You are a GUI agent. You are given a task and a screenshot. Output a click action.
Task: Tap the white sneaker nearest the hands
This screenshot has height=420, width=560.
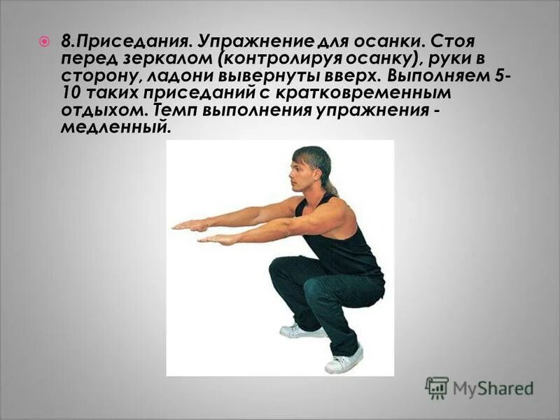[x=295, y=331]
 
